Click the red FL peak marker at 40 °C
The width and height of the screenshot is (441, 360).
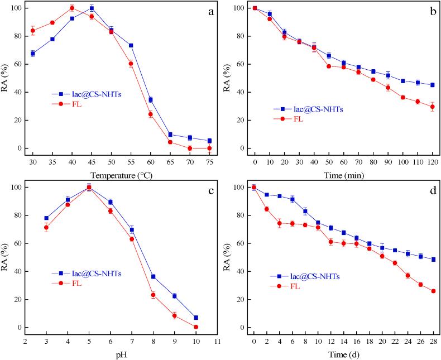[72, 8]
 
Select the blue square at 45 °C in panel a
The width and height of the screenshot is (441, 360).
[92, 8]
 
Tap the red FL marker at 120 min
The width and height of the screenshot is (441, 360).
[433, 107]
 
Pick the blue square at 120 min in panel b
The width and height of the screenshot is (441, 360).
[433, 85]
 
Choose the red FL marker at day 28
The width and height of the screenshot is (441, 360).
[433, 291]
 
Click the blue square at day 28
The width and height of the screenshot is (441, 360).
[433, 260]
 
